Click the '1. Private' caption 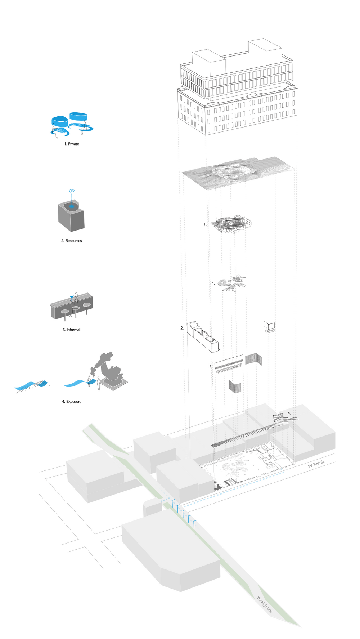72,144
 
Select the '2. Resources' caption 71,241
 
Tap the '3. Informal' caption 71,330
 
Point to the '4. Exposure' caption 72,401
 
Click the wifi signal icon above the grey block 72,191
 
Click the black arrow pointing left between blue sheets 53,385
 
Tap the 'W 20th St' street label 316,464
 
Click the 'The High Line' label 264,604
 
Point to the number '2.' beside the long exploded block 182,328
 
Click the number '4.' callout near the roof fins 289,413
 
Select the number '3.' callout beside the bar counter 210,366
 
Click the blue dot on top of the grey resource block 72,206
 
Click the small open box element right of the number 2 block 269,326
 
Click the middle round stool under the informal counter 76,309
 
